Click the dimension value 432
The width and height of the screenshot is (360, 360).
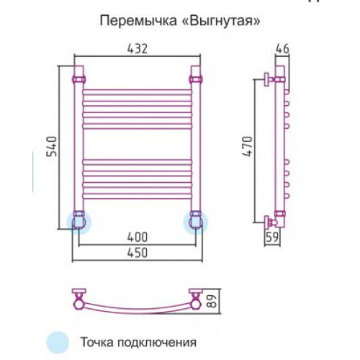tap(137, 49)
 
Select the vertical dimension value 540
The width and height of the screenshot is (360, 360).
tap(52, 146)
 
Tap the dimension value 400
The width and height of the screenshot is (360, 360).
tap(137, 238)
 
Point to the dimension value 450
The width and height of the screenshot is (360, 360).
tap(137, 253)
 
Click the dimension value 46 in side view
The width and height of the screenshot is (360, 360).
tap(282, 49)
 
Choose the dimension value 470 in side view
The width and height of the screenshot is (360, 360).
tap(248, 146)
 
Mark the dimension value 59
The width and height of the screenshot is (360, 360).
tap(272, 238)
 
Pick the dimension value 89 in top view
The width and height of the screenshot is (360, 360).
tap(212, 302)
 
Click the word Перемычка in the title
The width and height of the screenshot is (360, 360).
tap(138, 21)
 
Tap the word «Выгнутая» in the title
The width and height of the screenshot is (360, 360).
tap(220, 21)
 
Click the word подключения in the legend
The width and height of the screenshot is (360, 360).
tap(157, 342)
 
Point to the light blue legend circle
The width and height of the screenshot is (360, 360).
tap(58, 342)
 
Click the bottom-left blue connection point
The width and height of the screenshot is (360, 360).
tap(78, 222)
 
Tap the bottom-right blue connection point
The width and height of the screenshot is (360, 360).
tap(196, 222)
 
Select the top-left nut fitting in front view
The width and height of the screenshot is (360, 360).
tap(79, 79)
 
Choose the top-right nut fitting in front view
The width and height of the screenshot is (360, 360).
tap(196, 79)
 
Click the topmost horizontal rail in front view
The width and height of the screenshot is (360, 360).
tap(138, 92)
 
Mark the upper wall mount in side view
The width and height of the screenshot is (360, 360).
tap(269, 79)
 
